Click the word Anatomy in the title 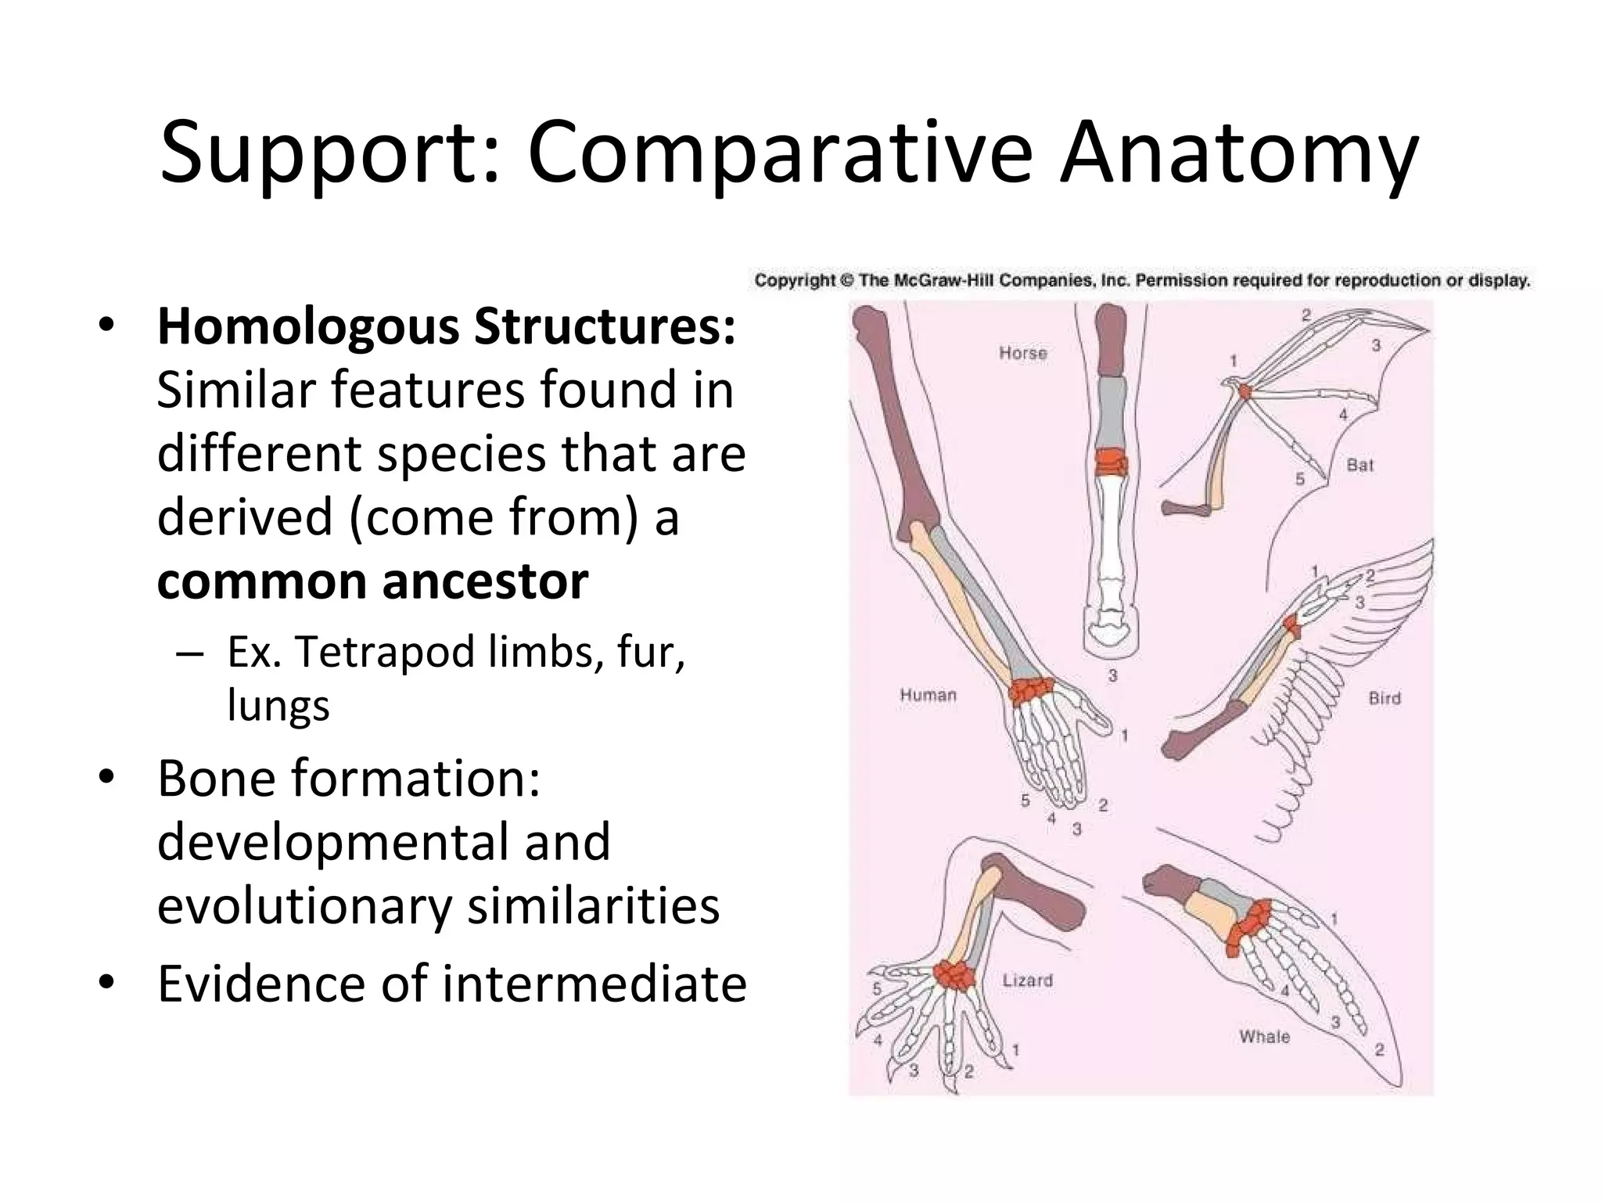[1238, 153]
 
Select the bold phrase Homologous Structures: [447, 327]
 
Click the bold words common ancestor [372, 581]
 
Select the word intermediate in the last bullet [594, 984]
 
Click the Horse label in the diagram [1022, 353]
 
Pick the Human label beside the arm [928, 695]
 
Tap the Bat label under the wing [1360, 465]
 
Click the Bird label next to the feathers [1384, 698]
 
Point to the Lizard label [1027, 981]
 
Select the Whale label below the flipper [1264, 1037]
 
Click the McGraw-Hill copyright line [1141, 280]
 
